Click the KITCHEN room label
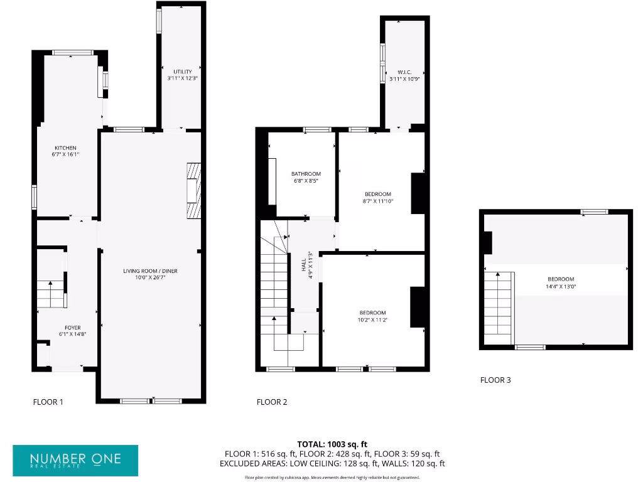pyautogui.click(x=65, y=148)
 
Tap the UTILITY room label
pyautogui.click(x=183, y=72)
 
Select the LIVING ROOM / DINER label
pyautogui.click(x=150, y=271)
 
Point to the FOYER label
pyautogui.click(x=72, y=328)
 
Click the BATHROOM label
pyautogui.click(x=306, y=174)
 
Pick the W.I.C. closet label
pyautogui.click(x=404, y=72)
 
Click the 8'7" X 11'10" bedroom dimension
pyautogui.click(x=378, y=201)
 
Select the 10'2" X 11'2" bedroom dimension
pyautogui.click(x=373, y=320)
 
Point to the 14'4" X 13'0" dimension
pyautogui.click(x=561, y=286)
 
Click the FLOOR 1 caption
pyautogui.click(x=48, y=402)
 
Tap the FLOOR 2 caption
pyautogui.click(x=272, y=402)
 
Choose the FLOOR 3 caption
pyautogui.click(x=495, y=380)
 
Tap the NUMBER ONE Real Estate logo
pyautogui.click(x=75, y=461)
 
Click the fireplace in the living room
pyautogui.click(x=193, y=190)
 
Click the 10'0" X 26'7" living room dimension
pyautogui.click(x=150, y=278)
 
